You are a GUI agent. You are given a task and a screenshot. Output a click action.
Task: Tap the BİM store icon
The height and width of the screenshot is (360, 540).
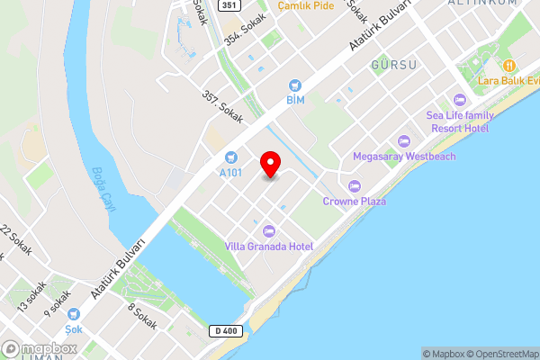294,85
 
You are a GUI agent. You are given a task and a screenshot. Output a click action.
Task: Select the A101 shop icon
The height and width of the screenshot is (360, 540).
231,157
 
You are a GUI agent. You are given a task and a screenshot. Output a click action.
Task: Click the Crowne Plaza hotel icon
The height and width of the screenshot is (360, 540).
354,186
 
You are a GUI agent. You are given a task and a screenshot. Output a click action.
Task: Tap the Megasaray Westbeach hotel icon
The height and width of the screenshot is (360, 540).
404,140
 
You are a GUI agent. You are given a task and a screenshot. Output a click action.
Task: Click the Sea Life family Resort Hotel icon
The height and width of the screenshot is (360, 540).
460,100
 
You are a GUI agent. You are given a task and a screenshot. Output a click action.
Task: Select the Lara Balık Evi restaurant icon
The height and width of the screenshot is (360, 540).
508,65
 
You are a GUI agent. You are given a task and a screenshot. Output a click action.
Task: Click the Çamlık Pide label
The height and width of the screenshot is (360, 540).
305,5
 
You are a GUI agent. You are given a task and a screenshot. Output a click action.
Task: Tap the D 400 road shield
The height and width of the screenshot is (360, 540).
228,331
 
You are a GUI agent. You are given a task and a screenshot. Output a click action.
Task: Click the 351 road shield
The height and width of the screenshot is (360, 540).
229,5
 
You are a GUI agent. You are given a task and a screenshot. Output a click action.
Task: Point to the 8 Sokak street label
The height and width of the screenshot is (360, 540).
142,317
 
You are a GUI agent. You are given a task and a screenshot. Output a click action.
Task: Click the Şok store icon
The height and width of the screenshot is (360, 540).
74,315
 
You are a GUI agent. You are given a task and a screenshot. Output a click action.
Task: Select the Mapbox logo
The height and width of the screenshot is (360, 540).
40,349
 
